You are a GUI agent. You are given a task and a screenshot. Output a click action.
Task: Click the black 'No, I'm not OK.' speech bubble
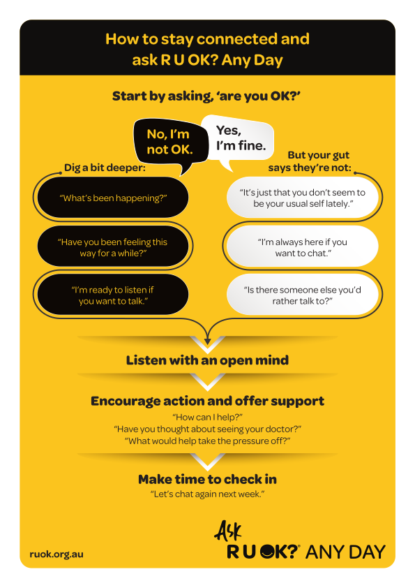click(x=170, y=142)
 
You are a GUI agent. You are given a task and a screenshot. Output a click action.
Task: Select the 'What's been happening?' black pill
click(x=113, y=198)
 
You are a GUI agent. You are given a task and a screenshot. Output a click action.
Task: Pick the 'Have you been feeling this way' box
click(x=113, y=247)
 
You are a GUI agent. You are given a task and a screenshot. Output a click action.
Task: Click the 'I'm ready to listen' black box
click(x=113, y=295)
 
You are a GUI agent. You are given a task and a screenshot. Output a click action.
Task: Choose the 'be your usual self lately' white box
click(x=302, y=198)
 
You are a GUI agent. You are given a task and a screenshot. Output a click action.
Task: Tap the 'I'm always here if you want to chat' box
click(x=302, y=247)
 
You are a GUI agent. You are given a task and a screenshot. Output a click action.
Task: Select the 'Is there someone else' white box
click(x=302, y=295)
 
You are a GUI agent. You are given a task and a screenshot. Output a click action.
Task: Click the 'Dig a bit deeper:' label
click(x=105, y=168)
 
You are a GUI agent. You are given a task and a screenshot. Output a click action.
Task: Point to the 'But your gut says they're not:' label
click(x=310, y=161)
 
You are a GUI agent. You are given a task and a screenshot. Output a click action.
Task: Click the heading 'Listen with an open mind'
click(x=208, y=360)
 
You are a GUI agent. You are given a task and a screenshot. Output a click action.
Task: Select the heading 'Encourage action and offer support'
click(x=208, y=402)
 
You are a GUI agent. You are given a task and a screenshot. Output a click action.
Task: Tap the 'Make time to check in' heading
click(x=208, y=479)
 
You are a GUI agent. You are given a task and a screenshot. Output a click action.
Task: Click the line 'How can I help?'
click(x=208, y=417)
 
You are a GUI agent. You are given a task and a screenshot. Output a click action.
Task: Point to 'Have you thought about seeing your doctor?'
click(x=208, y=429)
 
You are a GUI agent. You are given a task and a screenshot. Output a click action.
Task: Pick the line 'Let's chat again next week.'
click(x=208, y=494)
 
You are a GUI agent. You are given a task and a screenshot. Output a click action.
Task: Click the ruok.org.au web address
click(x=56, y=554)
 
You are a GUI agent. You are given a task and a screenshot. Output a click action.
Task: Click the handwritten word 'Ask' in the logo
click(x=228, y=531)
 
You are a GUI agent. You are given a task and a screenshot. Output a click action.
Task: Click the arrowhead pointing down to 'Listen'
click(x=208, y=341)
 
